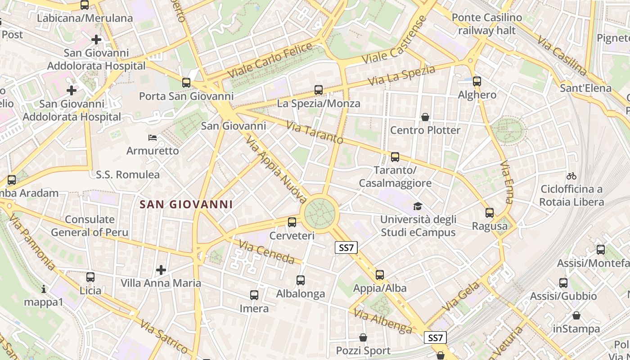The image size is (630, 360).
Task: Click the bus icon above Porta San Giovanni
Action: (x=186, y=83)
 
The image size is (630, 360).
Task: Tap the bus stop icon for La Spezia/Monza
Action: (x=319, y=90)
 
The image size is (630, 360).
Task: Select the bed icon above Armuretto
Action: (x=153, y=137)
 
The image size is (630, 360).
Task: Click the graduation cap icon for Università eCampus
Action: (x=418, y=207)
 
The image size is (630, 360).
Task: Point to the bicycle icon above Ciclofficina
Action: (x=571, y=176)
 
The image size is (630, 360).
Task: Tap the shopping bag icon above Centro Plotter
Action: (x=425, y=117)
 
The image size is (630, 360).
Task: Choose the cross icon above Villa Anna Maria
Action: (x=161, y=270)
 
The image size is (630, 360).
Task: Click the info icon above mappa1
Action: (x=44, y=289)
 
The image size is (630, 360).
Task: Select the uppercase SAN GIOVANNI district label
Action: (x=186, y=204)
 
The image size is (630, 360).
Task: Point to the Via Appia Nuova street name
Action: (x=276, y=168)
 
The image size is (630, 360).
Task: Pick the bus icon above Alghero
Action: (x=477, y=81)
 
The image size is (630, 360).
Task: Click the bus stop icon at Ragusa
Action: (x=490, y=213)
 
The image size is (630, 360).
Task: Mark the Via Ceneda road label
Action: (x=266, y=252)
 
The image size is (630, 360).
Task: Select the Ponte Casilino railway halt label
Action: (x=487, y=24)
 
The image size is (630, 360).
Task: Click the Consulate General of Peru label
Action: (x=90, y=226)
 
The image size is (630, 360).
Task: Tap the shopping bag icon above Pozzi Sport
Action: (x=363, y=337)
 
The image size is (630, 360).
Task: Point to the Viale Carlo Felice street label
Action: (x=270, y=60)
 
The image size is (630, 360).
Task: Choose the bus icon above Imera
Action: (x=254, y=295)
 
